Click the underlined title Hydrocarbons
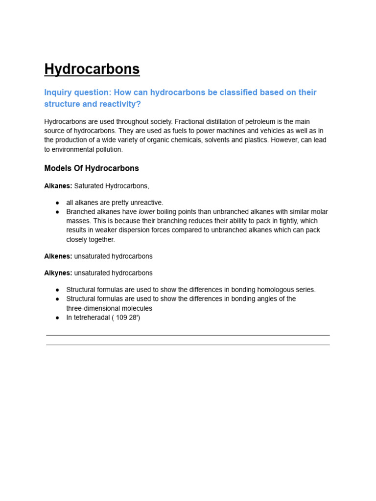point(92,69)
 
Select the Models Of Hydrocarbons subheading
point(92,168)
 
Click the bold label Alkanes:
point(58,186)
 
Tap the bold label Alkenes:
point(58,256)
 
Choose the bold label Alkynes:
point(58,273)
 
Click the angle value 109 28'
point(128,318)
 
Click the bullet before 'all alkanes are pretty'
point(57,203)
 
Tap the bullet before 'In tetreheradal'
point(57,318)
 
